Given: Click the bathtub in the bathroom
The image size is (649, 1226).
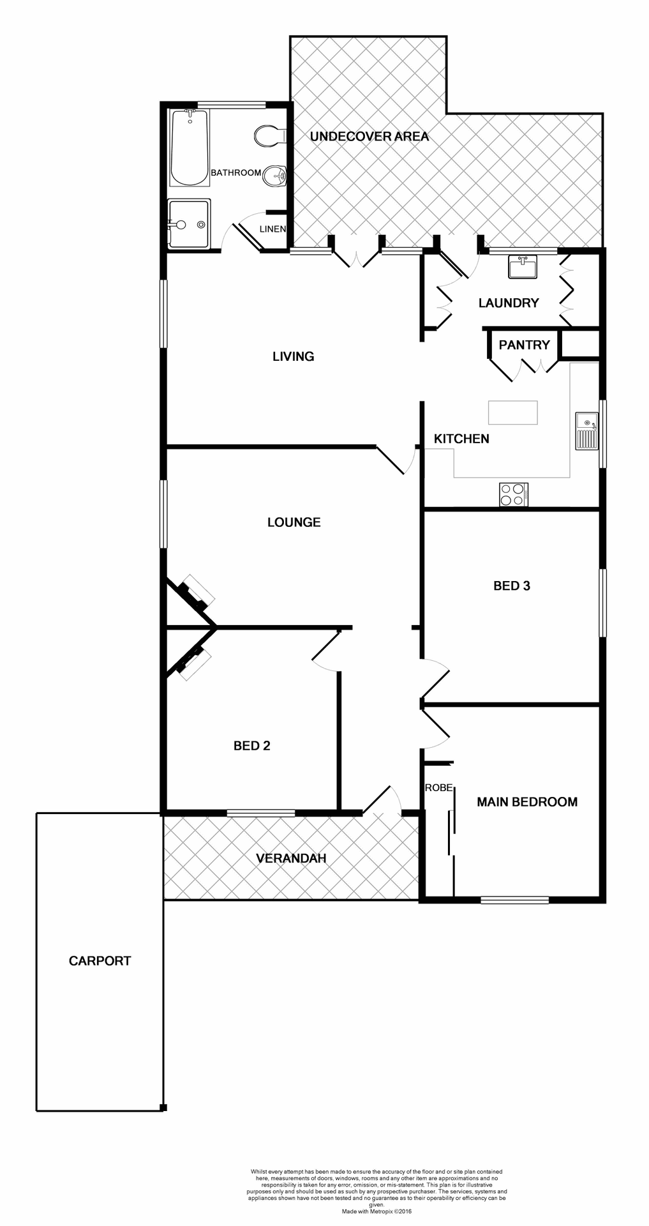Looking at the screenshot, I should [x=190, y=148].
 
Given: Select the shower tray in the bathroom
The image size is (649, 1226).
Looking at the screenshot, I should [x=189, y=223].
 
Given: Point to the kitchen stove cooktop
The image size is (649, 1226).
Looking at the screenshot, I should [x=513, y=494].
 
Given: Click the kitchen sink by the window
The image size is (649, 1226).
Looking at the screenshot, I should [x=586, y=431].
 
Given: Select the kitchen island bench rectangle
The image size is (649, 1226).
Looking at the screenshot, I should [x=512, y=412].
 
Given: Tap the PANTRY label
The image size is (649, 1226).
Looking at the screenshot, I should [x=524, y=345].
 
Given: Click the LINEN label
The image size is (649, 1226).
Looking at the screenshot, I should [x=272, y=229].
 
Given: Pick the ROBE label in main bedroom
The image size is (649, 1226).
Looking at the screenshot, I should [x=438, y=788].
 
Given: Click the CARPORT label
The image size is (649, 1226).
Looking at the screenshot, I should [x=100, y=960].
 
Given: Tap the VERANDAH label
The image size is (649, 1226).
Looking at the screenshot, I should [x=291, y=858].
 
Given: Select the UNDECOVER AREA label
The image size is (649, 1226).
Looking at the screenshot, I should [x=369, y=136].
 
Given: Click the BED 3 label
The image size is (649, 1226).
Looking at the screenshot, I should [x=512, y=586].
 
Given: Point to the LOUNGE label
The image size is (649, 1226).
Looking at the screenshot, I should [x=294, y=522].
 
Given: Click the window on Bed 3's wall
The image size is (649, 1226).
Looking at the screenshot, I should [x=602, y=603].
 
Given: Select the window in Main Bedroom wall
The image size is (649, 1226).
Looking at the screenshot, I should [x=514, y=900].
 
